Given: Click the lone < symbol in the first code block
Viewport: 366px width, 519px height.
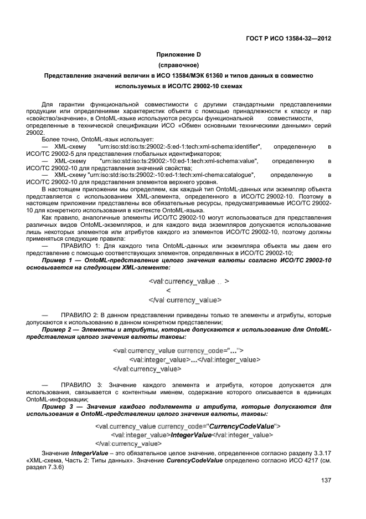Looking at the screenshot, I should pyautogui.click(x=168, y=291).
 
